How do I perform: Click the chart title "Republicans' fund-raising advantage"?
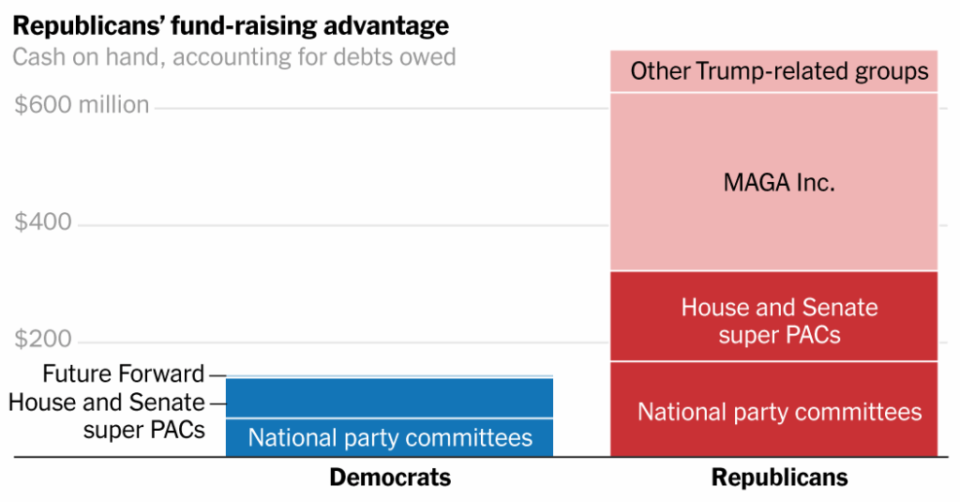[231, 24]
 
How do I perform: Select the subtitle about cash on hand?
[234, 57]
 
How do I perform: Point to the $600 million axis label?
[82, 105]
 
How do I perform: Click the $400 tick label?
[43, 223]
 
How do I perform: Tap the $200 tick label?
[43, 340]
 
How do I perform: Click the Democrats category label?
[389, 478]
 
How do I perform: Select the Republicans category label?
[779, 478]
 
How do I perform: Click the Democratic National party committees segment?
[389, 437]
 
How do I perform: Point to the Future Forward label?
[123, 374]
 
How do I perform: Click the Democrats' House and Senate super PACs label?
[106, 416]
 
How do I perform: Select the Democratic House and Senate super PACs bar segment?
[389, 398]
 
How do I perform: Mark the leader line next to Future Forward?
[217, 375]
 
